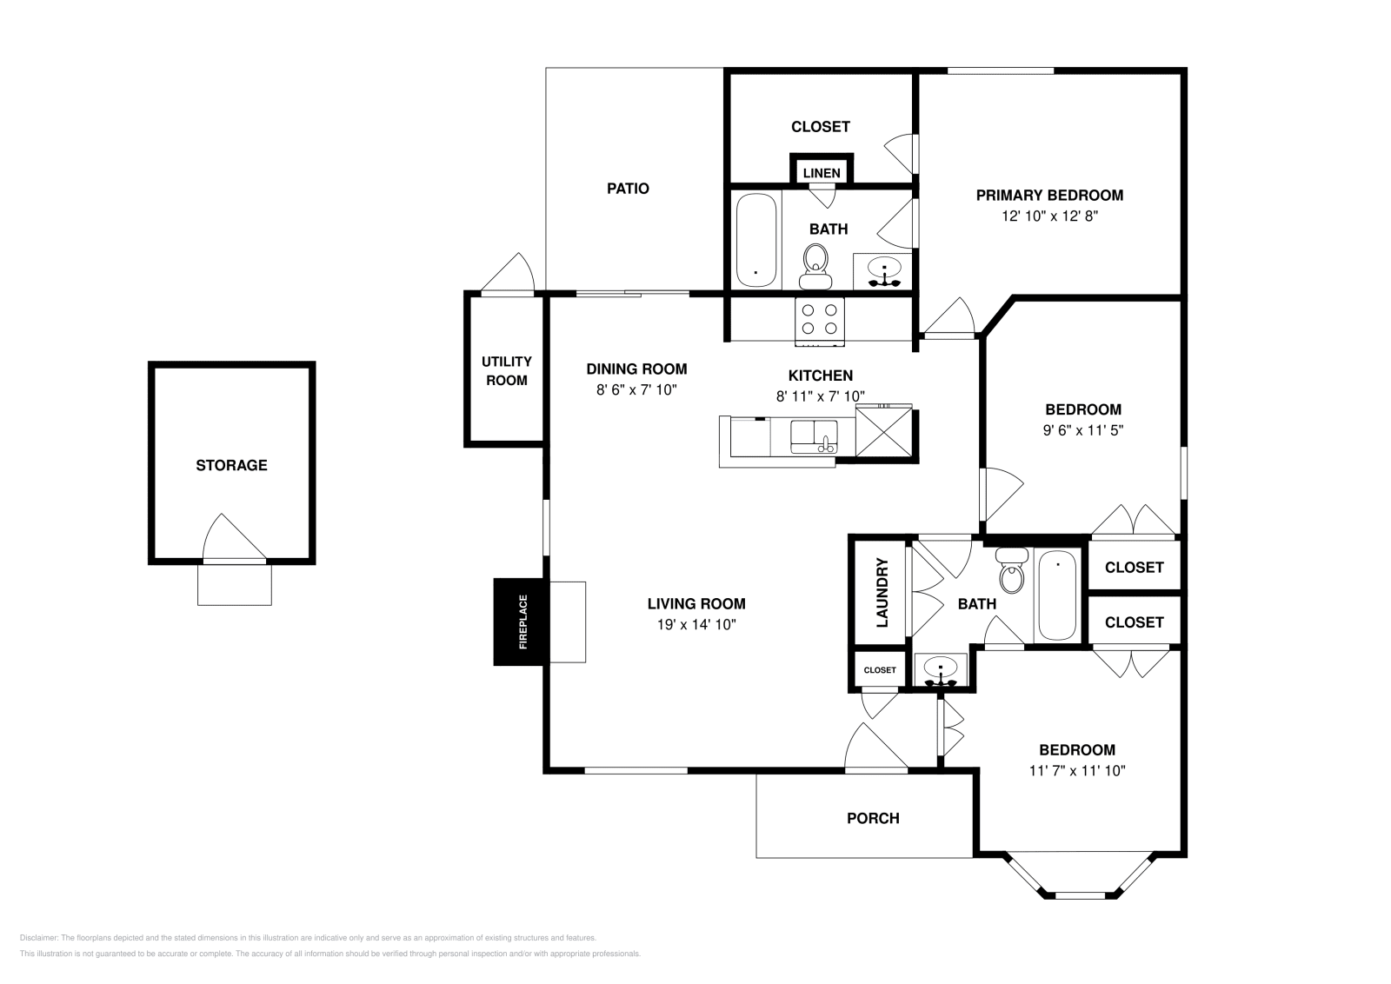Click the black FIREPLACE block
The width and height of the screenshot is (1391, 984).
(519, 622)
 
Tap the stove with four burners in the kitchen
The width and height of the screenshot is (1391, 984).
(819, 319)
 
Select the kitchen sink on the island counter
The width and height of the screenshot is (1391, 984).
(813, 435)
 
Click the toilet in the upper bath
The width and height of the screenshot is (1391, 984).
(815, 264)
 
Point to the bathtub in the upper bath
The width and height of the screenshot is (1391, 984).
(755, 240)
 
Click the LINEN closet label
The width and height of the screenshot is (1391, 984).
(822, 173)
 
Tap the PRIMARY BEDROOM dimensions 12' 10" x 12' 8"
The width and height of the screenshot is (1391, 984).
(1049, 216)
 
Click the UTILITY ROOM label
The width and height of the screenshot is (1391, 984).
(507, 370)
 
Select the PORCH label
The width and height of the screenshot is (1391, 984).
(873, 818)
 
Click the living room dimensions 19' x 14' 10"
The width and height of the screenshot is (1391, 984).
(696, 624)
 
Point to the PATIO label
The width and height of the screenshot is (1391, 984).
(628, 188)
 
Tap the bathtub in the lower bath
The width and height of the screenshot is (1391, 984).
(1058, 595)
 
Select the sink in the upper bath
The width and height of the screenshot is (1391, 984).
(884, 270)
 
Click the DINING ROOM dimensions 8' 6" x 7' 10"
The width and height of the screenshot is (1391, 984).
(636, 390)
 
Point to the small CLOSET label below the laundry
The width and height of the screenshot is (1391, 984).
(880, 670)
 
